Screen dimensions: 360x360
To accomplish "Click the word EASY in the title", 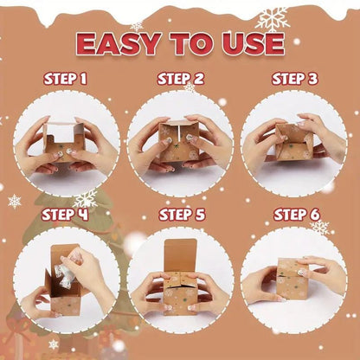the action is pos(119,44).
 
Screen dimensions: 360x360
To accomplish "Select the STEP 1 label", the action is pos(65,79).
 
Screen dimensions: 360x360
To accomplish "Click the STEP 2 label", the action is pos(181,79).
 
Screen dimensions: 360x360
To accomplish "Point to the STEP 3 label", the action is pos(295,79).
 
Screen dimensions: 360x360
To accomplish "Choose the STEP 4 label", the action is pos(65,215).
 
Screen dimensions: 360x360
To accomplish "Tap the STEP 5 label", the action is pos(182,215).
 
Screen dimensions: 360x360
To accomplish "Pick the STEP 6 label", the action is pos(297,215).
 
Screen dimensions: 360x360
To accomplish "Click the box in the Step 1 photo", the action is pos(64,141).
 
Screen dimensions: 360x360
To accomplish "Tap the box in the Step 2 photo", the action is pos(178,141).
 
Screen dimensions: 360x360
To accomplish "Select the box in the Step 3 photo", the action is pos(293,142).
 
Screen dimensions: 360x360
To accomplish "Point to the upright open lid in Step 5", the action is pos(181,255).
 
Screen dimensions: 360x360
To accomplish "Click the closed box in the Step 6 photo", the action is pos(292,279).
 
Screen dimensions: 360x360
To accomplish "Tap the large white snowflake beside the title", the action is pos(273,20).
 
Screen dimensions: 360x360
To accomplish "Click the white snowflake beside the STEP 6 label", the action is pos(320,227).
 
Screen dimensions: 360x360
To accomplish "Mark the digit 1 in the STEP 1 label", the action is pos(83,79).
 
